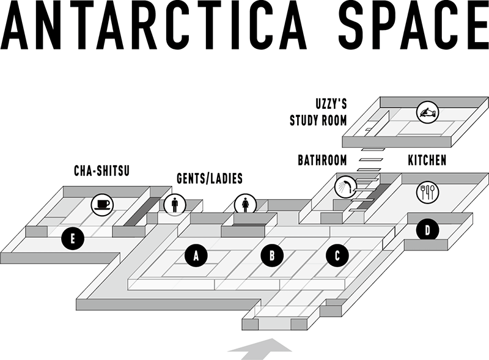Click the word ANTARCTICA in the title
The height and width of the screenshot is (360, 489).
153,25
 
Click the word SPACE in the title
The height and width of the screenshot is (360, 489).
414,25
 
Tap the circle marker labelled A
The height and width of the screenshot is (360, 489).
196,255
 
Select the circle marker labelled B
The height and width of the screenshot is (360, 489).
272,255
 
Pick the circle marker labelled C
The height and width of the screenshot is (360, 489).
337,256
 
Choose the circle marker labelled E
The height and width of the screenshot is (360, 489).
73,239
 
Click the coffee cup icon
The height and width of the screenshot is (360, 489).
102,205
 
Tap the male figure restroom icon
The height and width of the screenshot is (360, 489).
175,205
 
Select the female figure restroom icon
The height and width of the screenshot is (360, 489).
246,205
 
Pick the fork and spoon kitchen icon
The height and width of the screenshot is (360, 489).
427,192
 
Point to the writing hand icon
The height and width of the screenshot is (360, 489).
427,112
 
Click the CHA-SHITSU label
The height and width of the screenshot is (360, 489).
101,171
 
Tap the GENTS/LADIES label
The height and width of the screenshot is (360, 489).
210,178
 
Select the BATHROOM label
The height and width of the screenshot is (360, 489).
323,160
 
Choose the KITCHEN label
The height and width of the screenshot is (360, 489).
427,160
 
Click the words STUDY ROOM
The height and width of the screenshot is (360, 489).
318,120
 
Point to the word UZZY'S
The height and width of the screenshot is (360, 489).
331,104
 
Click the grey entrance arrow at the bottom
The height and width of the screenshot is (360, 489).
260,350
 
